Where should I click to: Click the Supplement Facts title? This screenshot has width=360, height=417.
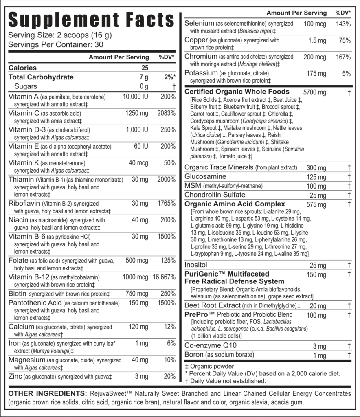(91, 20)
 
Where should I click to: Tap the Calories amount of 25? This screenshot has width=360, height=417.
(145, 68)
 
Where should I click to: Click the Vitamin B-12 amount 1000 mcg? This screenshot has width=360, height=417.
(135, 277)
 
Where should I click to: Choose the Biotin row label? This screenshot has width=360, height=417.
(17, 294)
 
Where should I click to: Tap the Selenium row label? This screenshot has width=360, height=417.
(199, 24)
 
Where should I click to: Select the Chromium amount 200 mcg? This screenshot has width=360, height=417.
(315, 57)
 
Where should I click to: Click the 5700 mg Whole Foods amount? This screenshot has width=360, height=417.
(315, 92)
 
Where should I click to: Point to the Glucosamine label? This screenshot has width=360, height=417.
(205, 177)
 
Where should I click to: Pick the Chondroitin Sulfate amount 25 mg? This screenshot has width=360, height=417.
(318, 195)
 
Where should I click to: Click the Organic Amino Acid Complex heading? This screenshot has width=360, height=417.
(235, 204)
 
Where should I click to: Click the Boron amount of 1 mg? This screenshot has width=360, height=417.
(320, 356)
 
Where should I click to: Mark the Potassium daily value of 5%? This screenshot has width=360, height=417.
(347, 74)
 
